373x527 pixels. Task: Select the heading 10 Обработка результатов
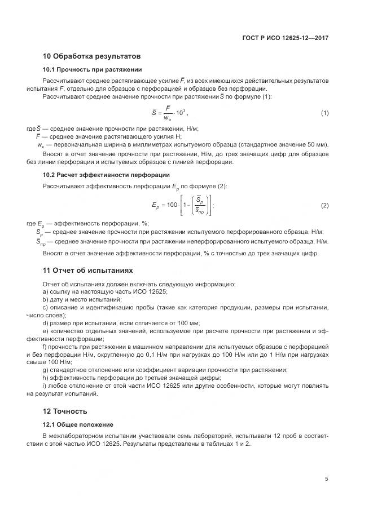click(91, 56)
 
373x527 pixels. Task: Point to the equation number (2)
click(324, 205)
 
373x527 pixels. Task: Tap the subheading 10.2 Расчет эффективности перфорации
click(106, 175)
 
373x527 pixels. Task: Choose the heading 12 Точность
click(65, 411)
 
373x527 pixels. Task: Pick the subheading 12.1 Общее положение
click(78, 424)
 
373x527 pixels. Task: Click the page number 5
click(326, 479)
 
